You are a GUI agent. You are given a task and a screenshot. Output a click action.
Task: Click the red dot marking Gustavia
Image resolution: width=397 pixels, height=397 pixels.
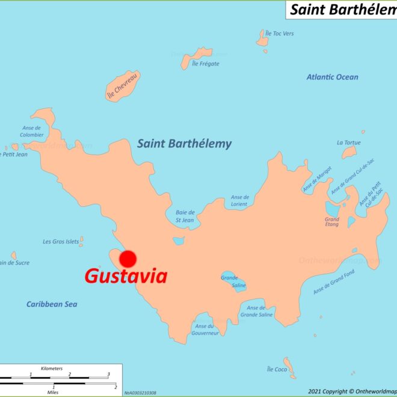[x=128, y=259]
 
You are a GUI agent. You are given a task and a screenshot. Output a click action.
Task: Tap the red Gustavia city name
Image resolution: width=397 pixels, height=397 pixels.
[x=126, y=277]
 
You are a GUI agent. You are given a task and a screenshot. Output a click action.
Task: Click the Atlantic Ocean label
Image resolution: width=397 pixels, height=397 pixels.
[x=332, y=77]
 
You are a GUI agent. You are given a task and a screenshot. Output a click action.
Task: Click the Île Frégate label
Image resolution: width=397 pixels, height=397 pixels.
[x=205, y=64]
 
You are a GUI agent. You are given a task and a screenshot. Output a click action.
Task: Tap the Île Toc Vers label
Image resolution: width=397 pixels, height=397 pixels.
[x=280, y=34]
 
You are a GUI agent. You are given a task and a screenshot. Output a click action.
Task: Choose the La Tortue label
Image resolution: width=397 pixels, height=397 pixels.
[x=348, y=143]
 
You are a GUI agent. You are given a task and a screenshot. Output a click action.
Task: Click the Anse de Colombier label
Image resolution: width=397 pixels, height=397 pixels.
[x=31, y=131]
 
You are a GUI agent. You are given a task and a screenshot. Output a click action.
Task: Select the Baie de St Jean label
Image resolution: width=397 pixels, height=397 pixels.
[x=185, y=216]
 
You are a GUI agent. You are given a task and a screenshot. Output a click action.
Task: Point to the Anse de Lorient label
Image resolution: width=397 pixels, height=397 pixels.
[x=239, y=200]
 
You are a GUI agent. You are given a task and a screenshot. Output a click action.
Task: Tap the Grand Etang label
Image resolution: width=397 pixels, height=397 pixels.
[x=332, y=223]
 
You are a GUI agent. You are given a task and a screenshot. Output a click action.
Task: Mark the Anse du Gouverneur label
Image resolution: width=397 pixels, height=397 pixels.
[x=205, y=330]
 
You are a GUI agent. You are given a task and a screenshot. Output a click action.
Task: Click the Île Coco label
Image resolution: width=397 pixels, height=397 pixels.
[x=277, y=369]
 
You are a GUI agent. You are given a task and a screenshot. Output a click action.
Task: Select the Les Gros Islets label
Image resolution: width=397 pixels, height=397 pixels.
[x=60, y=242]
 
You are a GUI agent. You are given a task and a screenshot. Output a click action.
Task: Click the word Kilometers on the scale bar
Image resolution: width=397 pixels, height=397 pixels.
[x=52, y=368]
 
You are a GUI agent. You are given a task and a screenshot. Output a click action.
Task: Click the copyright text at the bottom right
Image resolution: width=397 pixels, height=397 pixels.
[x=351, y=392]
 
